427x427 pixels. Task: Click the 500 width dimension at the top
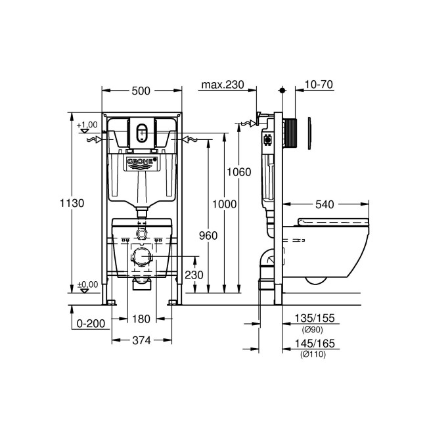[x=141, y=91]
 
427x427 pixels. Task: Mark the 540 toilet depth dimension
[x=328, y=204]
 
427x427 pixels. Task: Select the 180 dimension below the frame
[x=141, y=319]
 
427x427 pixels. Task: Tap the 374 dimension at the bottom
[x=141, y=340]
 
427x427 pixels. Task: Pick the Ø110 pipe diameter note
[x=313, y=355]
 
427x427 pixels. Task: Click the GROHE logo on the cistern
[x=141, y=161]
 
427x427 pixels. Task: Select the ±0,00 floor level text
[x=87, y=284]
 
